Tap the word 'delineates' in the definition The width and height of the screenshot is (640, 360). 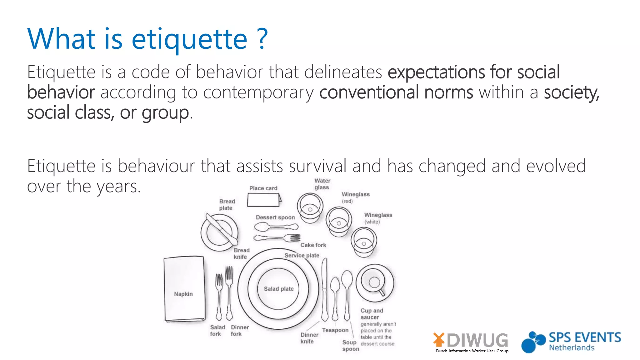pyautogui.click(x=343, y=72)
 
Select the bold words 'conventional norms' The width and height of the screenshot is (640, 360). pyautogui.click(x=396, y=92)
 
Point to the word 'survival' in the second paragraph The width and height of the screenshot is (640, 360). pyautogui.click(x=317, y=166)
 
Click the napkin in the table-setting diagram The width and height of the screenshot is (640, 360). pyautogui.click(x=184, y=289)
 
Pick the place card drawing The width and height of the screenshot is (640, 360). pyautogui.click(x=263, y=200)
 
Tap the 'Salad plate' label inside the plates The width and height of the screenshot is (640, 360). pyautogui.click(x=279, y=289)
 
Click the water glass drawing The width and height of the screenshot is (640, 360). pyautogui.click(x=310, y=207)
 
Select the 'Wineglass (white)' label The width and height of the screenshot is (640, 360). pyautogui.click(x=378, y=218)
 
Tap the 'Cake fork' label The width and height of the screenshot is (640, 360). pyautogui.click(x=313, y=245)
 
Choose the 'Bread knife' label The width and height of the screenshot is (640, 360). pyautogui.click(x=241, y=253)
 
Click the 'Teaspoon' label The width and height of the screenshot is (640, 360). pyautogui.click(x=335, y=330)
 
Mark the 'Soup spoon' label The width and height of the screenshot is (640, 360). pyautogui.click(x=350, y=346)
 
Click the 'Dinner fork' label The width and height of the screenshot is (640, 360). pyautogui.click(x=239, y=331)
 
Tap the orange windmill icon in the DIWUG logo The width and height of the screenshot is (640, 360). pyautogui.click(x=439, y=339)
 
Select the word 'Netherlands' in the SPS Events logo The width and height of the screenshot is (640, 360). pyautogui.click(x=572, y=348)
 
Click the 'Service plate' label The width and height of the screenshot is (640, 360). pyautogui.click(x=302, y=256)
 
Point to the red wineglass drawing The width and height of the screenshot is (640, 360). pyautogui.click(x=338, y=222)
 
